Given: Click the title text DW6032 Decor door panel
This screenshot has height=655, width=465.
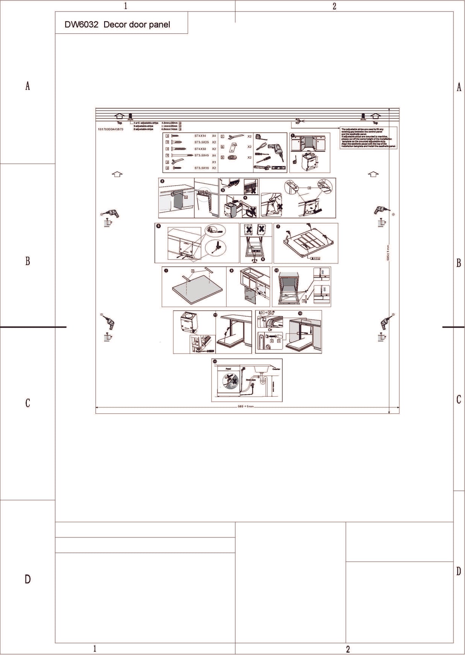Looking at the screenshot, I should (117, 25).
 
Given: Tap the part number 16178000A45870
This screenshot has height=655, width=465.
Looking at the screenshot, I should (111, 130).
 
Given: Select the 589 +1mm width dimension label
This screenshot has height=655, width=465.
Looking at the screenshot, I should (246, 407).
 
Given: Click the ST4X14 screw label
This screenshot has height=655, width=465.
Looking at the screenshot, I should (200, 136).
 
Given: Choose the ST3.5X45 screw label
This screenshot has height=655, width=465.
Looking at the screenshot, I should (201, 155).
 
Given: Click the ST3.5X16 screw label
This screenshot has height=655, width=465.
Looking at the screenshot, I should (201, 168).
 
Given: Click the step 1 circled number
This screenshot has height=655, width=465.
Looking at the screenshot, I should (293, 136).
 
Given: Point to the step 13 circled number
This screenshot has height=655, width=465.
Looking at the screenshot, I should (215, 361).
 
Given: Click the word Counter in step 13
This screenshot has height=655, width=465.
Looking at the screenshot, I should (276, 369).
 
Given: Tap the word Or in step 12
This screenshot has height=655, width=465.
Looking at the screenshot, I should (270, 330).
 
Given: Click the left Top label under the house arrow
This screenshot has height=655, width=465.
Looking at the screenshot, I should (120, 123).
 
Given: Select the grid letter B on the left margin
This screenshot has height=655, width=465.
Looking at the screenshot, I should (28, 261).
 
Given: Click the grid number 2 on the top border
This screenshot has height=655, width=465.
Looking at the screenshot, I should (334, 6).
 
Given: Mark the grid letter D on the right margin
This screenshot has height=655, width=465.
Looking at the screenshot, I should (458, 572).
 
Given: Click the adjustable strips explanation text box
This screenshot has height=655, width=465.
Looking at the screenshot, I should (368, 138).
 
